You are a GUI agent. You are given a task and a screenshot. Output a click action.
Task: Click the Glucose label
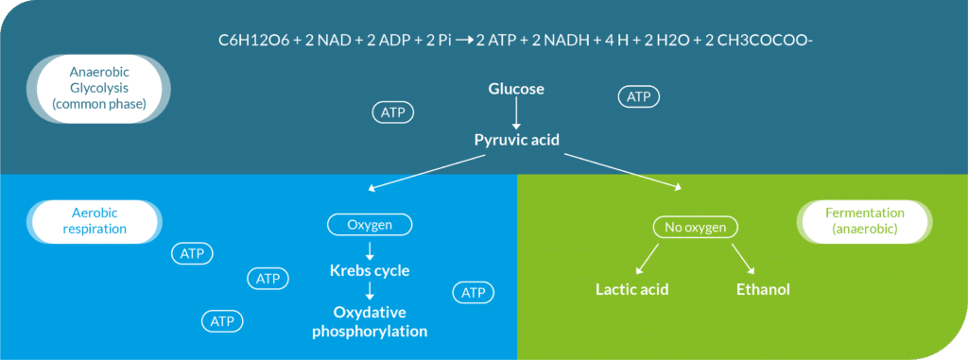tap(516, 89)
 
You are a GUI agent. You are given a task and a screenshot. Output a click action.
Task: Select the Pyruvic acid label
tap(516, 139)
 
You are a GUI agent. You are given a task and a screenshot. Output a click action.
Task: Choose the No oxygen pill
tap(695, 227)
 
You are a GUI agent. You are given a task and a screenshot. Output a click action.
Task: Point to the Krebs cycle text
tap(369, 271)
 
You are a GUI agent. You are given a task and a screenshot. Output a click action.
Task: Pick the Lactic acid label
tap(632, 289)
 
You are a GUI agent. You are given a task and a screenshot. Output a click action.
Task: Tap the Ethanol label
tap(763, 289)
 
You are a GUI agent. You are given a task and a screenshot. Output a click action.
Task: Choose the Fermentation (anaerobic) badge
tap(863, 220)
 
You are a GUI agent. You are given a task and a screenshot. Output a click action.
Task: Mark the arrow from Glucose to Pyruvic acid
tap(516, 114)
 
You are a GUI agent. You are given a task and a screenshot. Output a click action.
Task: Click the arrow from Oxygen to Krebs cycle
tap(369, 249)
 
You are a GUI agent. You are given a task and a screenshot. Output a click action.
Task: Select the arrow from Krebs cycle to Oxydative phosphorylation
tap(369, 293)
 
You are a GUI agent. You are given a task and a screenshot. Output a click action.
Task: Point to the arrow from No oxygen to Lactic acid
tap(648, 256)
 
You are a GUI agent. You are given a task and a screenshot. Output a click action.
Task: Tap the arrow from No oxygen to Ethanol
tap(743, 257)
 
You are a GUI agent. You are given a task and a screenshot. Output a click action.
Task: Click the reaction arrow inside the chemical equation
tap(463, 41)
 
